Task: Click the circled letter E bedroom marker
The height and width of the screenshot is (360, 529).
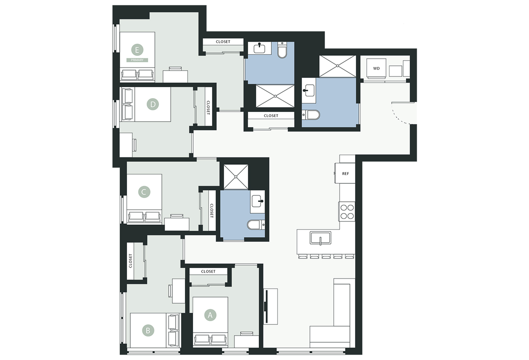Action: pyautogui.click(x=137, y=50)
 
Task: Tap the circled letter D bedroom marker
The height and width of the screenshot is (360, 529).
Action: pyautogui.click(x=153, y=104)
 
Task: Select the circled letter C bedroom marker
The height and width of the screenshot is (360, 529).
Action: pyautogui.click(x=144, y=192)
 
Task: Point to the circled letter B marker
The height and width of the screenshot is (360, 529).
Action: pyautogui.click(x=148, y=330)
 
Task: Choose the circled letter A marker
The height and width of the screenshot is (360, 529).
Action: pyautogui.click(x=210, y=315)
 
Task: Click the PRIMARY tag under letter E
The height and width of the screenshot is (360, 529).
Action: pyautogui.click(x=137, y=60)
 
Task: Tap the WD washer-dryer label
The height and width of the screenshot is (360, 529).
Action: pyautogui.click(x=376, y=68)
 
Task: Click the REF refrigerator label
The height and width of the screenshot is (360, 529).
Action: pyautogui.click(x=346, y=174)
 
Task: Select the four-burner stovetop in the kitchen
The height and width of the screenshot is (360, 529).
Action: pyautogui.click(x=347, y=212)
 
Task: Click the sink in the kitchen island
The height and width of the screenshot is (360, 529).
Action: pyautogui.click(x=320, y=238)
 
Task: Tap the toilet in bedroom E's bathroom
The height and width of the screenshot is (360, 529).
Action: pyautogui.click(x=282, y=50)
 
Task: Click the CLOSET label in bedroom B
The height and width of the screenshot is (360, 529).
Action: pyautogui.click(x=130, y=261)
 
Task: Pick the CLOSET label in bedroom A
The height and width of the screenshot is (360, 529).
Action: pyautogui.click(x=208, y=272)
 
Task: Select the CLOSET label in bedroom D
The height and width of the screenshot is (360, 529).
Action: pyautogui.click(x=208, y=108)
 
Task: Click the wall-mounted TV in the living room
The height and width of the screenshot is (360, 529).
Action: pyautogui.click(x=267, y=307)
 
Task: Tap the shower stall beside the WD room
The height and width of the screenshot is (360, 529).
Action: pyautogui.click(x=337, y=66)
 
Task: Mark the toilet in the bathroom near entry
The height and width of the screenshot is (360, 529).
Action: pyautogui.click(x=311, y=115)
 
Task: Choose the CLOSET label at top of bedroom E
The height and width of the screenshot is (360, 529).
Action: pyautogui.click(x=223, y=42)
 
